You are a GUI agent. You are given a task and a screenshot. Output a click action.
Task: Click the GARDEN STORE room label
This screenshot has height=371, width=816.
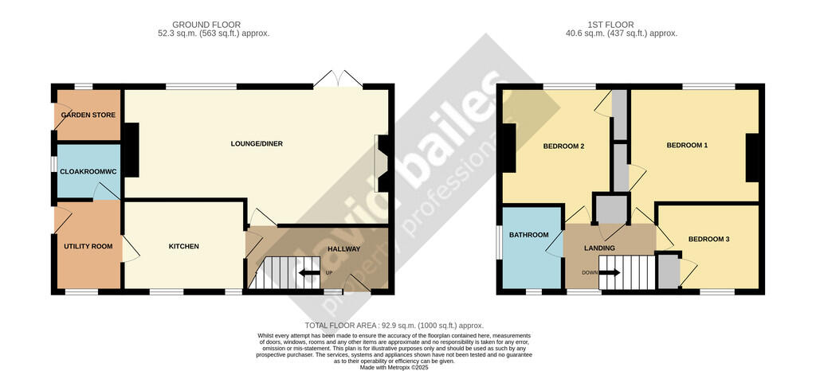click(x=88, y=115)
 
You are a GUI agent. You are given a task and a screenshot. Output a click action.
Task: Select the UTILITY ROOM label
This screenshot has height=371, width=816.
click(x=88, y=246)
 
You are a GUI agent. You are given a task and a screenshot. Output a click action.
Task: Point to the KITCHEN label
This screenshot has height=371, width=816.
click(x=183, y=246)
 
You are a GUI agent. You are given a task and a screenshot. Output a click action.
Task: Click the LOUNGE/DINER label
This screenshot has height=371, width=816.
click(x=257, y=144)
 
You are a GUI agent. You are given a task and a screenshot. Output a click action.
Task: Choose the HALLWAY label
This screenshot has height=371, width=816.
click(x=344, y=249)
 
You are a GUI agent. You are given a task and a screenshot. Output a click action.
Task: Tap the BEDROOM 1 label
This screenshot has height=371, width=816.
click(x=687, y=145)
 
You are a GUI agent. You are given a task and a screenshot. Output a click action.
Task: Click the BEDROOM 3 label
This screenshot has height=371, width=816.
click(x=708, y=239)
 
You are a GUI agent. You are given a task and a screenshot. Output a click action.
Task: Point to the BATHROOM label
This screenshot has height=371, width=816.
click(x=530, y=235)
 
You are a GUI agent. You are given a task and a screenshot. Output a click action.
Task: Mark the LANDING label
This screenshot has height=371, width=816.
click(x=599, y=248)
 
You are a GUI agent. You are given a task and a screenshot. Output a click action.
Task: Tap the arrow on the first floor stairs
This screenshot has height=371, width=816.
click(x=610, y=272)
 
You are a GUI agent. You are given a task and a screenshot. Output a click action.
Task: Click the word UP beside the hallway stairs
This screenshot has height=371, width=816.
click(x=328, y=274)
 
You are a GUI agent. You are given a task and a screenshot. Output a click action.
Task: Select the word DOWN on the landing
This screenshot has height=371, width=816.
click(x=589, y=272)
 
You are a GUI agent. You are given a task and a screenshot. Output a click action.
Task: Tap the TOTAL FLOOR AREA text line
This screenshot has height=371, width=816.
click(x=394, y=326)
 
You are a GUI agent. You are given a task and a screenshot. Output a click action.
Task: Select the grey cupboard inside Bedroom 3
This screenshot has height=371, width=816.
click(x=669, y=271)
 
